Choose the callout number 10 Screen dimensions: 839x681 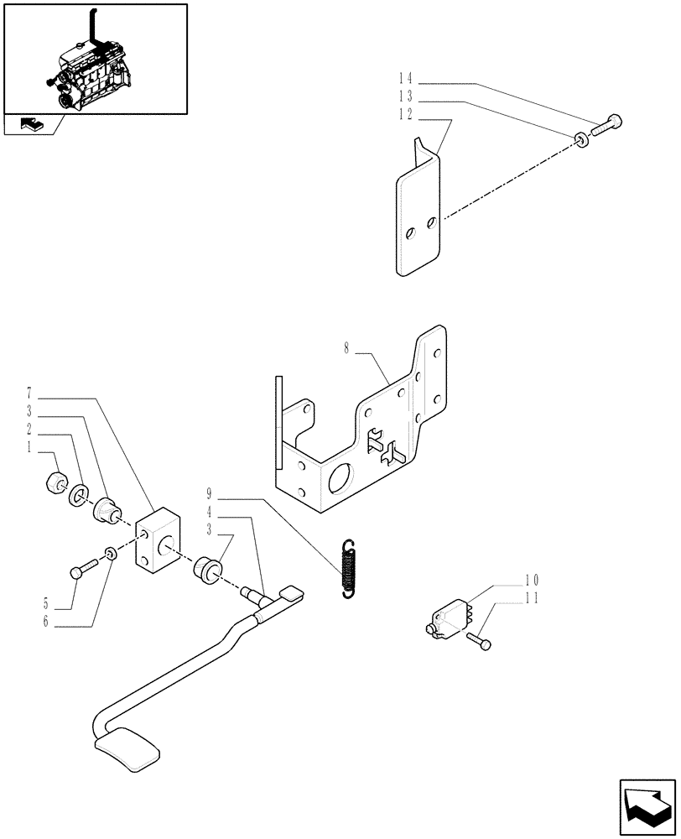click(531, 580)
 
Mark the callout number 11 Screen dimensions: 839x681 click(531, 598)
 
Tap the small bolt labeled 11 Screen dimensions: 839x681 click(481, 641)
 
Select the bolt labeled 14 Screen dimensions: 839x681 click(608, 125)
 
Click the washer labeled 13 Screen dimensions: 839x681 click(580, 138)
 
